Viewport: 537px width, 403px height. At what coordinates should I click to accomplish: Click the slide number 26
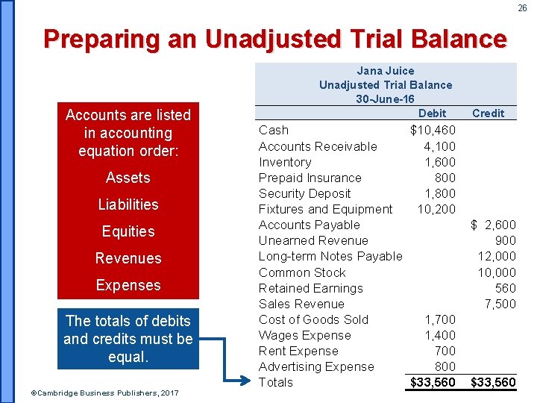(522, 8)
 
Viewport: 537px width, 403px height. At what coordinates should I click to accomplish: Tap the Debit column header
(432, 113)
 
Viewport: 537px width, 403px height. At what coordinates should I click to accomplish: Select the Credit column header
(489, 113)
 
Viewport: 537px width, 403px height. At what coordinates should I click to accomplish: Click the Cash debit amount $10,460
(433, 131)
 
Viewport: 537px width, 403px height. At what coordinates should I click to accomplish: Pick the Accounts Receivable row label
(318, 146)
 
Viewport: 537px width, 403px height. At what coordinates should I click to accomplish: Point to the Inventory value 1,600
(439, 162)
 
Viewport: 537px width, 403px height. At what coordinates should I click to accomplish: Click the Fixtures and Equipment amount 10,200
(436, 209)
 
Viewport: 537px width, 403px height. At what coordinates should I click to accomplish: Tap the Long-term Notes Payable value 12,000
(497, 256)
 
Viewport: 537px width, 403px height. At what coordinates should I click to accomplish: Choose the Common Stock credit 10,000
(497, 272)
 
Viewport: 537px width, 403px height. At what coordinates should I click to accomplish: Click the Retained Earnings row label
(310, 288)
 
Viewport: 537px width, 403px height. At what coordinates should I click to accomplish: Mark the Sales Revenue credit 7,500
(500, 304)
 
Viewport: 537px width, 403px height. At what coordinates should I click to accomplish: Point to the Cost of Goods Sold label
(313, 319)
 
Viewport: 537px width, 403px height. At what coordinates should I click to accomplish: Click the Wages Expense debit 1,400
(440, 335)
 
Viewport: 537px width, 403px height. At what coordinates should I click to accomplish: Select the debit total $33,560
(433, 383)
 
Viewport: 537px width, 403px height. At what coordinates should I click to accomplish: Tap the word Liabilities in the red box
(128, 204)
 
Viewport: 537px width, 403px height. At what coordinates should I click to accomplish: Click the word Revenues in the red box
(128, 258)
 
